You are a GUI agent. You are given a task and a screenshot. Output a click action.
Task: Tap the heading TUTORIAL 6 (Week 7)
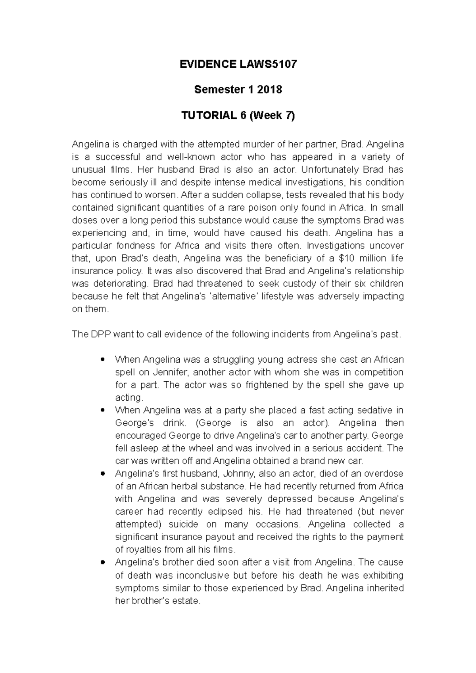pyautogui.click(x=238, y=116)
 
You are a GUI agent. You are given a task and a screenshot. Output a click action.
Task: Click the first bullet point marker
pyautogui.click(x=103, y=360)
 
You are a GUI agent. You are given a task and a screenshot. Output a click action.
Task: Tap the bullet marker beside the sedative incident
pyautogui.click(x=103, y=411)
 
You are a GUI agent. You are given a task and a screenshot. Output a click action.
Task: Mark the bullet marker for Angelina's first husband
pyautogui.click(x=103, y=474)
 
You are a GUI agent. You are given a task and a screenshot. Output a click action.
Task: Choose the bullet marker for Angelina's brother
pyautogui.click(x=103, y=562)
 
